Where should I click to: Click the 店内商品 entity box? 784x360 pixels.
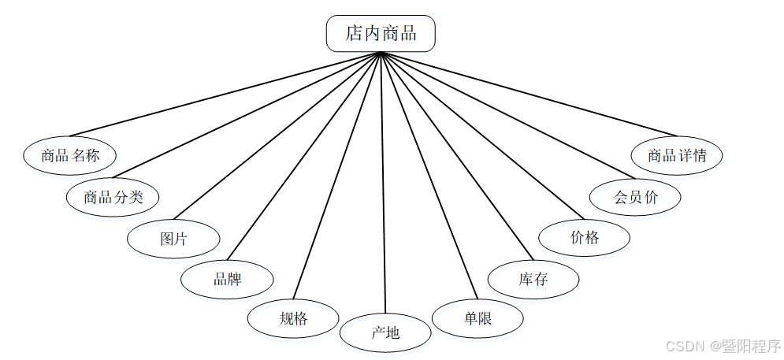point(381,33)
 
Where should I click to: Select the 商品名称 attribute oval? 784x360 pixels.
point(70,155)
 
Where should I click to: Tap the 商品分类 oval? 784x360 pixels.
point(113,197)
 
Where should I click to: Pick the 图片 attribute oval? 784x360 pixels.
point(173,239)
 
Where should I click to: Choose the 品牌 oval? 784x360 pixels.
point(227,279)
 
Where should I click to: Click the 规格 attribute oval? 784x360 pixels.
point(293,319)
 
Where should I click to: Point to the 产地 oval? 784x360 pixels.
point(385,332)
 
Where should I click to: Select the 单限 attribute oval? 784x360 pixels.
point(478,318)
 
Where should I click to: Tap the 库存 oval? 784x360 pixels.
point(533,279)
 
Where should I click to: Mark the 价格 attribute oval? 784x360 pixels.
point(584,237)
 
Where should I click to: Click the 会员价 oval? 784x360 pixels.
point(635,197)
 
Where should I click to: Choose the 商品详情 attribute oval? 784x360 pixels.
point(677,155)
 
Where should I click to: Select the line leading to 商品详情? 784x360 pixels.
point(528,94)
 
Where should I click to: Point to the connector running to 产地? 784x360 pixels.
point(383,181)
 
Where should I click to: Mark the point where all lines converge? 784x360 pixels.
point(381,53)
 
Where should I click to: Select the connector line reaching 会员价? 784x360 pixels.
point(508,115)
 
